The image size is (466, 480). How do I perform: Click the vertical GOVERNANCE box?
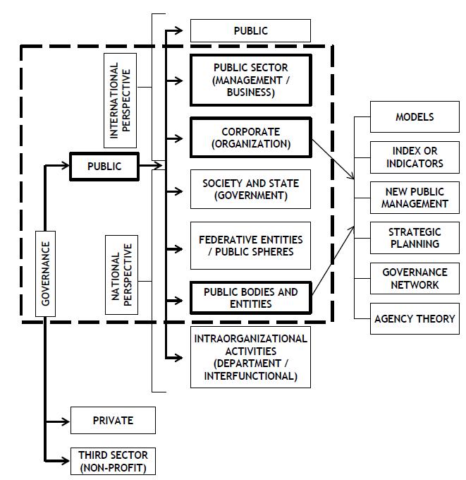[x=46, y=273]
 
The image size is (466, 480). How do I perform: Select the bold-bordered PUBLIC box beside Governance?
[x=104, y=167]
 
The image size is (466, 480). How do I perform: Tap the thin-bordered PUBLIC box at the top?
[x=250, y=31]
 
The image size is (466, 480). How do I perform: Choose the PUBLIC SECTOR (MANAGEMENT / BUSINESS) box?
[x=250, y=80]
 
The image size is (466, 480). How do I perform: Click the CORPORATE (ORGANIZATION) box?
[x=250, y=138]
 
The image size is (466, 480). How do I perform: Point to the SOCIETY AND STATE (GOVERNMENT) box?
[x=250, y=189]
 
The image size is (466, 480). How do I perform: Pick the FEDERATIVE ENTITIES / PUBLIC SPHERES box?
[x=250, y=246]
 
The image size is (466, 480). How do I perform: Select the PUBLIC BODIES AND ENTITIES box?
[x=250, y=298]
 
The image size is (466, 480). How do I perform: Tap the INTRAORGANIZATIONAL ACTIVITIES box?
[x=250, y=357]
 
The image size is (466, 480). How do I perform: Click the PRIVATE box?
[x=113, y=421]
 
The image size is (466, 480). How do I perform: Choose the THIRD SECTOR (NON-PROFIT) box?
[x=113, y=461]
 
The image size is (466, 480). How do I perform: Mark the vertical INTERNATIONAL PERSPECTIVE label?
[x=121, y=99]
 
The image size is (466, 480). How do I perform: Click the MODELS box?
[x=415, y=117]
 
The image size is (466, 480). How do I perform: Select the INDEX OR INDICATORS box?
[x=415, y=157]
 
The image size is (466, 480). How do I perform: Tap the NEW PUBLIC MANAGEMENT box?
[x=415, y=198]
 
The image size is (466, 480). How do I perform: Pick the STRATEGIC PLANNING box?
[x=415, y=238]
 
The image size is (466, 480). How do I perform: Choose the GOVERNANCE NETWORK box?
[x=415, y=278]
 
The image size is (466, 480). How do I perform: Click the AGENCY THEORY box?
[x=415, y=318]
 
